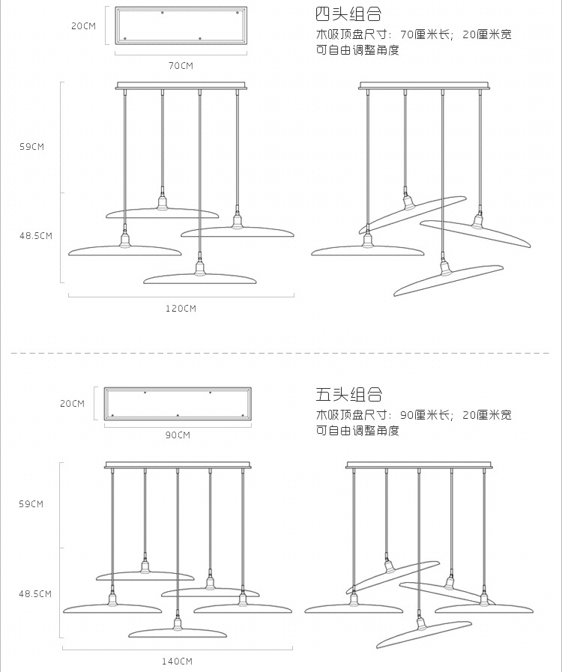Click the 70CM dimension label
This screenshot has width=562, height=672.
click(181, 66)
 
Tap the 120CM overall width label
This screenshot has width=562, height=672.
click(181, 308)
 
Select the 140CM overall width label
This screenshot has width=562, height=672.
click(177, 661)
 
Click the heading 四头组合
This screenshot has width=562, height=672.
click(348, 13)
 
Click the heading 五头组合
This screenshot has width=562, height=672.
click(348, 394)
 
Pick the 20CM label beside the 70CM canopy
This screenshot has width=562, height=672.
click(83, 26)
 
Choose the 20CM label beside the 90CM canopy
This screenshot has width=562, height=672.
click(72, 404)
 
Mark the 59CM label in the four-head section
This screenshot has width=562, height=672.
click(32, 147)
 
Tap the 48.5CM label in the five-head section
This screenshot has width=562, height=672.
click(35, 593)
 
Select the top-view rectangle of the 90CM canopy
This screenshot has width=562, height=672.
click(178, 404)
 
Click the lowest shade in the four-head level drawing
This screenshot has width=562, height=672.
click(199, 278)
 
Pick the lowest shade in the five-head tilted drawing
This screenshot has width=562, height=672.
click(424, 633)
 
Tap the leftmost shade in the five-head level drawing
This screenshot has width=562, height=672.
click(112, 607)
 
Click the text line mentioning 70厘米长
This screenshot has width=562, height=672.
click(413, 34)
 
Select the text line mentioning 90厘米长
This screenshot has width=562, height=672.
click(413, 414)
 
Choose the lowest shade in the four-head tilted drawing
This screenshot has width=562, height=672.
click(448, 279)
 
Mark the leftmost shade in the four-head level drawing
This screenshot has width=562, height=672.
click(124, 249)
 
